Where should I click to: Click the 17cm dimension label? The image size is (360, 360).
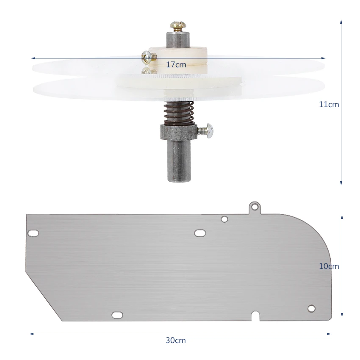(176, 65)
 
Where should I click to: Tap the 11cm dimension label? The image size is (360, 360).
(329, 105)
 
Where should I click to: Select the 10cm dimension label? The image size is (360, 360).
(329, 266)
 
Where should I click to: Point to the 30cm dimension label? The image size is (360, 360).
(176, 340)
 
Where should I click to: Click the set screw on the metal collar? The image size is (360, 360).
(206, 131)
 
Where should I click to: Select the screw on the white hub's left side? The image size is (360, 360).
(149, 56)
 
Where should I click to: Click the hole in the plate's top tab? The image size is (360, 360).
(255, 207)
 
